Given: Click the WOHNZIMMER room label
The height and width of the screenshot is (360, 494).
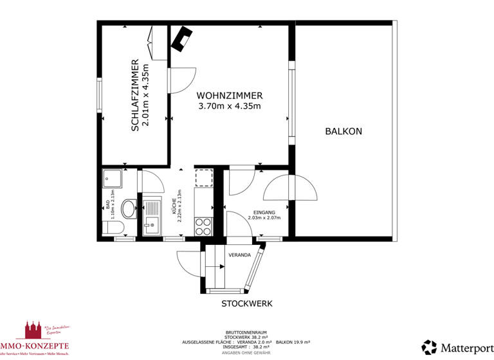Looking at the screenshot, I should tap(229, 95).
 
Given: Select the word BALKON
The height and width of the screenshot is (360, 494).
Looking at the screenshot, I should tap(343, 131).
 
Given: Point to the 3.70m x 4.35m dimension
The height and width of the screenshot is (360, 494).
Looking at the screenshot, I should tap(229, 106).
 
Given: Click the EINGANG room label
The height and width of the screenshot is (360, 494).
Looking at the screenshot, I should tap(264, 212).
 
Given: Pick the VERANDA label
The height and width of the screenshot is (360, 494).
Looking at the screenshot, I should tap(239, 255).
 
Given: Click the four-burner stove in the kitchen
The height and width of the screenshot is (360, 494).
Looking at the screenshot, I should tap(203, 226).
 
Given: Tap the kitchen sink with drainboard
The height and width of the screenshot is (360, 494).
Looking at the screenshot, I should tap(152, 217).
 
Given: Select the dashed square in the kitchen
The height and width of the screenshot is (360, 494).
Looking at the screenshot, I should tap(203, 178).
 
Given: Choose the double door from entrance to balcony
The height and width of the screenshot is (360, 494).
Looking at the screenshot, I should tap(291, 188).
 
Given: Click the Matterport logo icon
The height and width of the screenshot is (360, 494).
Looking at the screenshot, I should tap(429, 347).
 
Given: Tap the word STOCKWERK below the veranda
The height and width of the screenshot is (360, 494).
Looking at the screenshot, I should tap(247, 303).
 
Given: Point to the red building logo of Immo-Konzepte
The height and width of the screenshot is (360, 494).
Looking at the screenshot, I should tap(32, 331).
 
